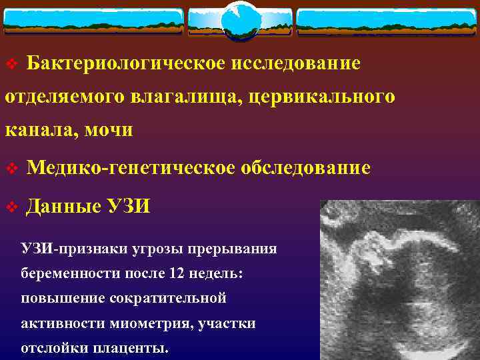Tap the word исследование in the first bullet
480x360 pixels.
coord(296,63)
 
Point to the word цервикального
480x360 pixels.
coord(324,97)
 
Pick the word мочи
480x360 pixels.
coord(107,130)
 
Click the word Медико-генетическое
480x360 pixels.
coord(131,168)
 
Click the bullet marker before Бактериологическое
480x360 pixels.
coord(10,65)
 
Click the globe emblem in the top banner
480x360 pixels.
coord(240,21)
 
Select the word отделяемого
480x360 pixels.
coord(53,97)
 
